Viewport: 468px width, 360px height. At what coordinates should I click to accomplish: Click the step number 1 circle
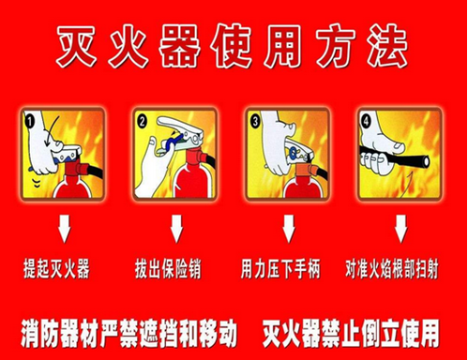30,122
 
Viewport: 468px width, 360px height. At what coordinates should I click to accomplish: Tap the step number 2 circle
143,122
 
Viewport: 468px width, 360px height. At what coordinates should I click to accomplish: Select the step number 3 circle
255,121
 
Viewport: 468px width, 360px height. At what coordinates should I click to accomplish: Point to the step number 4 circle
366,121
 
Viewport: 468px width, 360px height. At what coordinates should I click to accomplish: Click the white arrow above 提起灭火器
65,229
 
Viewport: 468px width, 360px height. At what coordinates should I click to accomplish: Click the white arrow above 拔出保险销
176,229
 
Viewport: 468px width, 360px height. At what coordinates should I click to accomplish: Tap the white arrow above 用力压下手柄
289,229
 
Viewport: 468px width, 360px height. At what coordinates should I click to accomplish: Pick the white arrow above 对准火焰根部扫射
400,229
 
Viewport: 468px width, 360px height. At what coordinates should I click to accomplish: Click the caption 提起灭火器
56,269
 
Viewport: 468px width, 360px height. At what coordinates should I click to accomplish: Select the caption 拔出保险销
168,269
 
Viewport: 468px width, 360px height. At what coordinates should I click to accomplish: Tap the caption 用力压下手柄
280,269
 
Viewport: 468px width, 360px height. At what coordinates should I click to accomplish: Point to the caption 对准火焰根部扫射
392,269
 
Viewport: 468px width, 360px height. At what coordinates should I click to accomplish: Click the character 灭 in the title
76,46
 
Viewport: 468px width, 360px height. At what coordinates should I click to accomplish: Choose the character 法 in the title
387,46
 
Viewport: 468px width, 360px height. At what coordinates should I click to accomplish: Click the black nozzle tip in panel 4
424,161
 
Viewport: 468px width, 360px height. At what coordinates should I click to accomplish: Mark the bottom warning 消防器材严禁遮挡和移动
128,333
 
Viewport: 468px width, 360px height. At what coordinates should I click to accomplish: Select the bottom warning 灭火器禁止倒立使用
351,333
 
